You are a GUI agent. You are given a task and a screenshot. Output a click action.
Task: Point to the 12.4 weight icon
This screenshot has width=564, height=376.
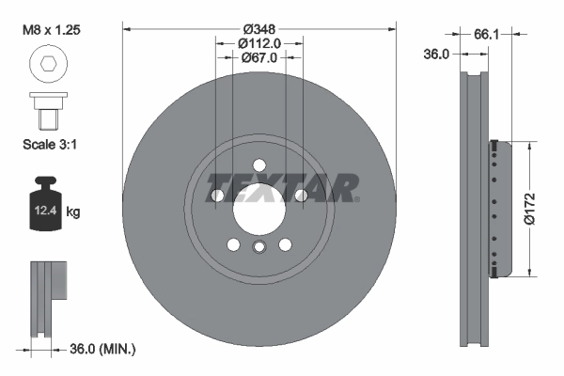pyautogui.click(x=43, y=208)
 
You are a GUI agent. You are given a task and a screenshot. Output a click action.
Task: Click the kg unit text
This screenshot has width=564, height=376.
pyautogui.click(x=73, y=212)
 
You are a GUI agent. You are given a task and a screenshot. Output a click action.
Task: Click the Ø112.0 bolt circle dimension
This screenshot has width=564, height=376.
pyautogui.click(x=258, y=42)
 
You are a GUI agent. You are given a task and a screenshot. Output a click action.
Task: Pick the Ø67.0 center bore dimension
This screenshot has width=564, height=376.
pyautogui.click(x=258, y=57)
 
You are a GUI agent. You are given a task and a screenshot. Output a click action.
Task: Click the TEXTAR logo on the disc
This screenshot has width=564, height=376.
pyautogui.click(x=282, y=188)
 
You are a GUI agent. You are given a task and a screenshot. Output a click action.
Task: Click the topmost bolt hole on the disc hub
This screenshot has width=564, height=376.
pyautogui.click(x=258, y=165)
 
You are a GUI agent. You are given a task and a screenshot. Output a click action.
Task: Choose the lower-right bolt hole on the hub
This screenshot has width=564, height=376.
pyautogui.click(x=284, y=244)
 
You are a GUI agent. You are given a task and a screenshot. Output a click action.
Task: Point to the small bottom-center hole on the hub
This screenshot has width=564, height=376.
pyautogui.click(x=258, y=246)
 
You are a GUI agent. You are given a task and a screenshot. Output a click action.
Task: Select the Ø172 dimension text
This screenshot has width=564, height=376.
pyautogui.click(x=529, y=208)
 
